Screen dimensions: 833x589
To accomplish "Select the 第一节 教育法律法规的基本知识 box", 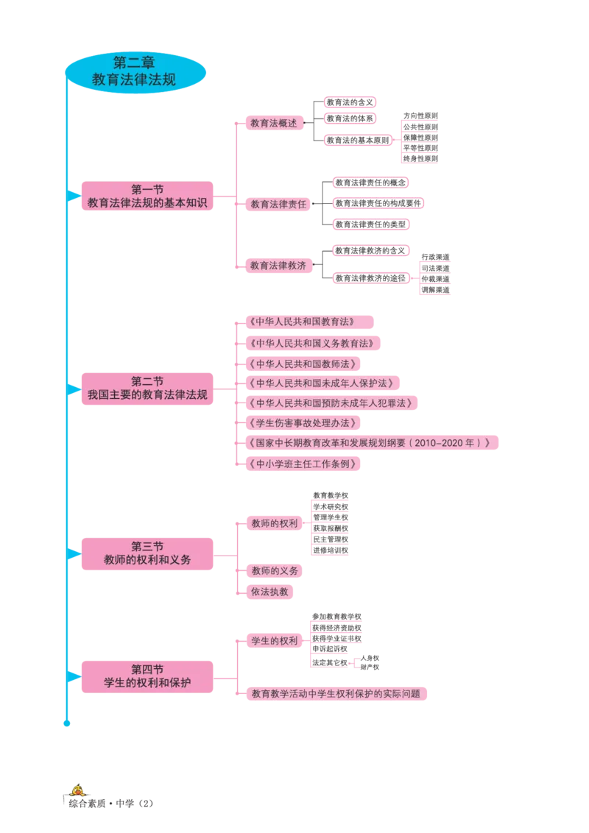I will click(147, 196).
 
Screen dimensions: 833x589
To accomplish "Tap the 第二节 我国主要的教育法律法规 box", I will click(147, 388).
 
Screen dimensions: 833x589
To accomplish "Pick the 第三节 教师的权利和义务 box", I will click(147, 553).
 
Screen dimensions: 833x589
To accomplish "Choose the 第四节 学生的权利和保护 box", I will click(147, 676).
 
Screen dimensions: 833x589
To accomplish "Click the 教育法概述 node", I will click(274, 123).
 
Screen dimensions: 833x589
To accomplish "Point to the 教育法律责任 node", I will click(278, 204).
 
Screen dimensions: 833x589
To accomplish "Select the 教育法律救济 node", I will click(278, 265).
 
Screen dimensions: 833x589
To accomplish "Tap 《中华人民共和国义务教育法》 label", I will click(312, 343).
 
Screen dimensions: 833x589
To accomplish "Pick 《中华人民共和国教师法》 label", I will click(302, 364).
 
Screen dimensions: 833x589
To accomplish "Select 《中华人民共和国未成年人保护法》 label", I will click(321, 383).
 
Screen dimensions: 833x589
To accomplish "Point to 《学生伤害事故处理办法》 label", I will click(302, 423).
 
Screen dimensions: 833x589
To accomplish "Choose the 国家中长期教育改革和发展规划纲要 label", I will click(368, 443).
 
